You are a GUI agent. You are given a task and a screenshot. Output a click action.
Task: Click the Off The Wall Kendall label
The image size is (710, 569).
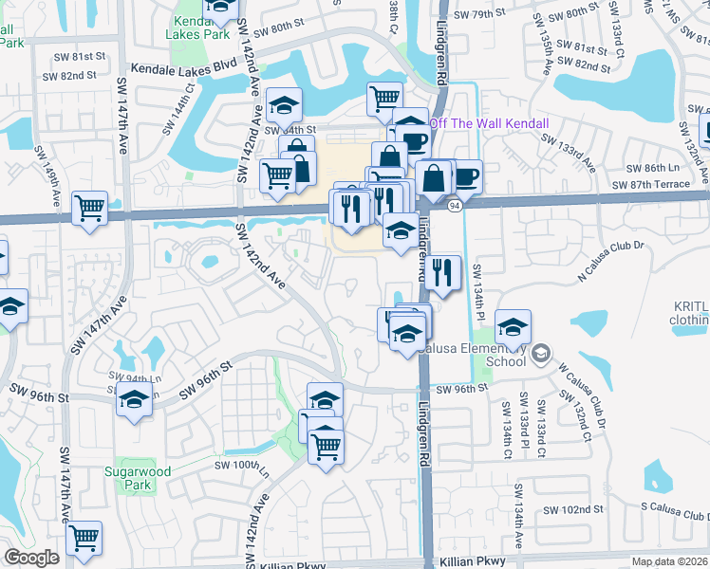(x=490, y=124)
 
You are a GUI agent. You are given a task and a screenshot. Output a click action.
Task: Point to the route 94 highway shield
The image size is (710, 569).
(x=456, y=205)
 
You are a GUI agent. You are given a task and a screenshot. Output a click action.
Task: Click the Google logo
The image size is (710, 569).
(x=31, y=558)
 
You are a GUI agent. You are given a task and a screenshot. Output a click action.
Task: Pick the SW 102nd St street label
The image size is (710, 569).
(x=573, y=510)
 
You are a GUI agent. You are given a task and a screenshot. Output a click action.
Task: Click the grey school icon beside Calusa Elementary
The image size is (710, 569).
(x=540, y=355)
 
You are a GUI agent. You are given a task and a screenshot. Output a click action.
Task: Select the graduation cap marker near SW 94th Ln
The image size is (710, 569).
(x=134, y=401)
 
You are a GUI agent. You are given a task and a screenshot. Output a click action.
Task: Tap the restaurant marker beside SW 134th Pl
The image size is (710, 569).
(x=441, y=273)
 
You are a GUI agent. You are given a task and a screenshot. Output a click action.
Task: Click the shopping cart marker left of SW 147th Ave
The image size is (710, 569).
(x=89, y=208)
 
